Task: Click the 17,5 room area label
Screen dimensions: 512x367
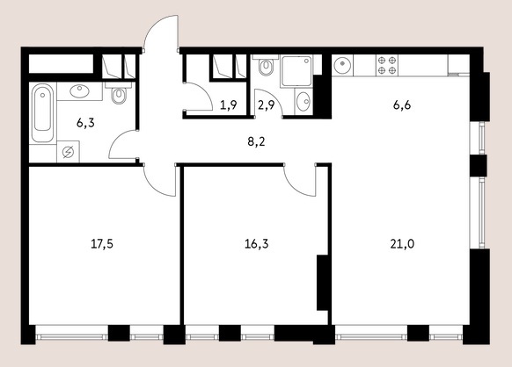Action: (102, 244)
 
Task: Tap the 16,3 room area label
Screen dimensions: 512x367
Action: (257, 244)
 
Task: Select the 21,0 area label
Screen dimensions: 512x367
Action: (402, 244)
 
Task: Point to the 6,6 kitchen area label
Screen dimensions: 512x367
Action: (402, 105)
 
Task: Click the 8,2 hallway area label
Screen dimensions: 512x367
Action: (256, 141)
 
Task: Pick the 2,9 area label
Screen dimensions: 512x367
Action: (267, 105)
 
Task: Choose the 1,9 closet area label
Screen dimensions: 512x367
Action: (228, 105)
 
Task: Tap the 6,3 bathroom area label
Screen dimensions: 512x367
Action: (85, 123)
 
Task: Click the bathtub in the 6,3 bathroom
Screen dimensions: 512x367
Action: (42, 112)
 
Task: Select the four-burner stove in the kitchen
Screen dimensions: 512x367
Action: (387, 65)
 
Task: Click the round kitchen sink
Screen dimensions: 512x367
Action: (342, 65)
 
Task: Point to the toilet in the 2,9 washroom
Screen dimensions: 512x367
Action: (266, 66)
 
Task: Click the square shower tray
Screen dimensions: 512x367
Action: (296, 71)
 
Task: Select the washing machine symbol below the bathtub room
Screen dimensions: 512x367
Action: (68, 152)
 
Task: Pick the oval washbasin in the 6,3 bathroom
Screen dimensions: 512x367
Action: (79, 91)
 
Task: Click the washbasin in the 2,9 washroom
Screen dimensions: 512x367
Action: (304, 101)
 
